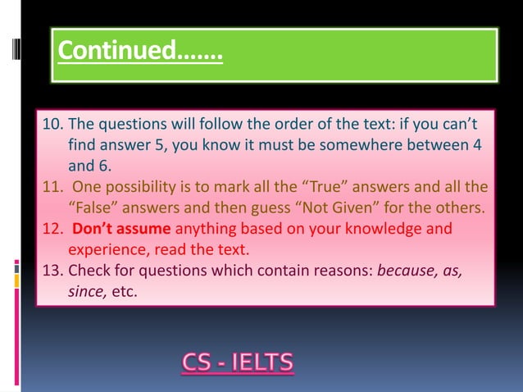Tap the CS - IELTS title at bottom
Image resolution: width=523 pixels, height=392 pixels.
click(237, 362)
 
